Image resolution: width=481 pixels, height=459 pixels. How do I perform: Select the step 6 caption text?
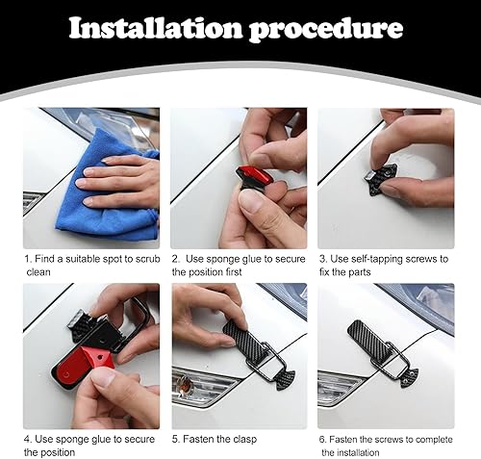pyautogui.click(x=385, y=445)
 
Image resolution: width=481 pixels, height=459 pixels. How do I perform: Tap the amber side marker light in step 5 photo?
pyautogui.click(x=189, y=388)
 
